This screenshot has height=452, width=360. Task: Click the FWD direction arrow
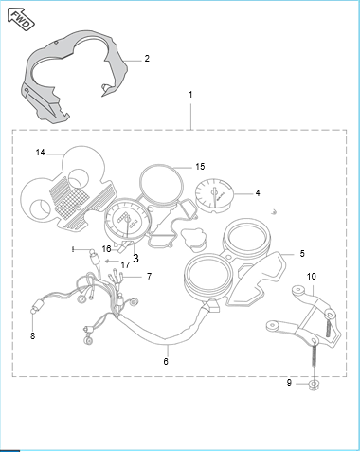click(21, 20)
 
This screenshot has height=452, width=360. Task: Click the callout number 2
click(147, 59)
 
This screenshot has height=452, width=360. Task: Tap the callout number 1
click(190, 95)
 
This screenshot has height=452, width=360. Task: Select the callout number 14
click(41, 153)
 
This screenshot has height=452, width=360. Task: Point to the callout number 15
click(200, 167)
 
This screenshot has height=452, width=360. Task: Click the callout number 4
click(258, 192)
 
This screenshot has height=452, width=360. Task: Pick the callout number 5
click(302, 253)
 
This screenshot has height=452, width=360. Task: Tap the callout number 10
click(312, 277)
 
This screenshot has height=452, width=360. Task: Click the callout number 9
click(289, 383)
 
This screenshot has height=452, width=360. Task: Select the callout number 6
click(166, 361)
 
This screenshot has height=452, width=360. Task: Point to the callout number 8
click(33, 336)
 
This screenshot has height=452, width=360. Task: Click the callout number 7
click(150, 277)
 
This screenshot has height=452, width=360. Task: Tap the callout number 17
click(125, 264)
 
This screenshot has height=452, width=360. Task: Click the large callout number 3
click(135, 259)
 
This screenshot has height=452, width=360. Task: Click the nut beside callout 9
click(314, 385)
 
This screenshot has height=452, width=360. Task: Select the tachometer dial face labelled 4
click(214, 194)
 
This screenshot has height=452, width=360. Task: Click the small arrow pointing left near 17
click(112, 261)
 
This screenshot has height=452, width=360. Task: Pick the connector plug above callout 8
click(39, 306)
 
